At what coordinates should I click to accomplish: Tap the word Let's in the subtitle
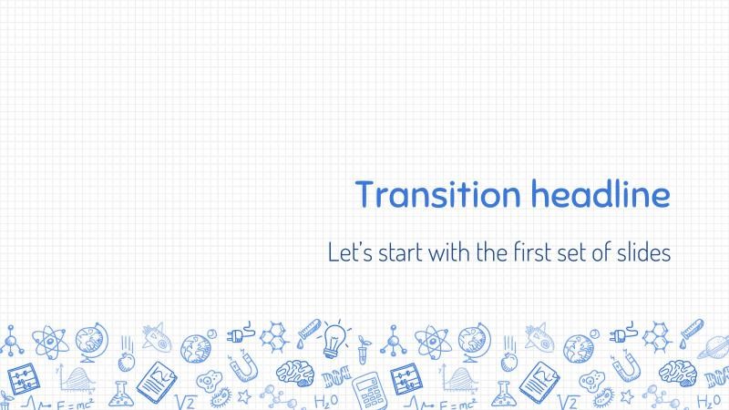[349, 252]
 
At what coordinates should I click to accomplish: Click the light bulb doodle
[334, 338]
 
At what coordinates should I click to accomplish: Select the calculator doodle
[368, 389]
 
